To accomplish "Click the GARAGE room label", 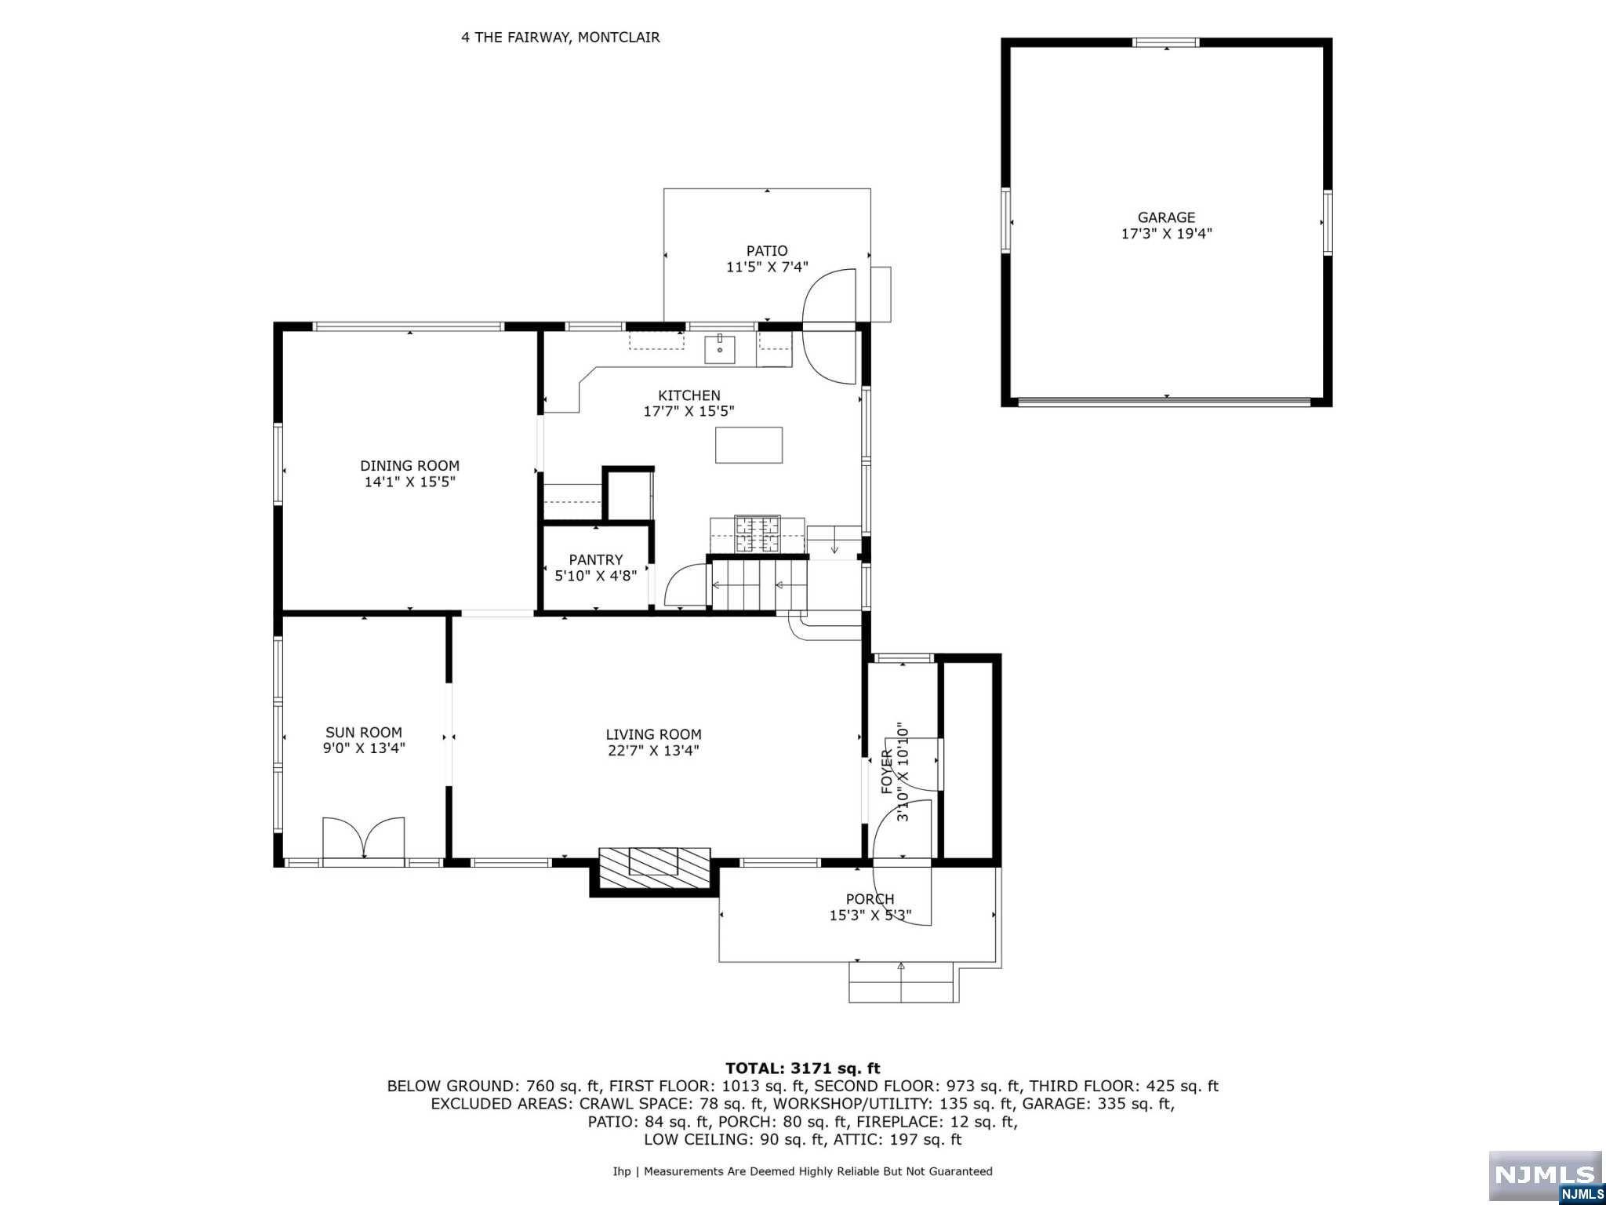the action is pyautogui.click(x=1166, y=217).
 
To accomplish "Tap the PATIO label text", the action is pyautogui.click(x=767, y=251).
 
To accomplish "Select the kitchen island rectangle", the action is pyautogui.click(x=749, y=445).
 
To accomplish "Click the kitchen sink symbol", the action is pyautogui.click(x=720, y=348).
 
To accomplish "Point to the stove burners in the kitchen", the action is pyautogui.click(x=757, y=533).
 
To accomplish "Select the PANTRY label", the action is pyautogui.click(x=596, y=559).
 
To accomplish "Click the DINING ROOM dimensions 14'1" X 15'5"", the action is pyautogui.click(x=409, y=482).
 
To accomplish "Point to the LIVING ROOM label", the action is pyautogui.click(x=653, y=734).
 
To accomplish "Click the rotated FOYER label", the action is pyautogui.click(x=887, y=771).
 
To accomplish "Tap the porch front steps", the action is pyautogui.click(x=903, y=982).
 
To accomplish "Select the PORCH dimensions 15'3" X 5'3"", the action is pyautogui.click(x=870, y=916).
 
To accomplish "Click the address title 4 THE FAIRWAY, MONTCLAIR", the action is pyautogui.click(x=561, y=37).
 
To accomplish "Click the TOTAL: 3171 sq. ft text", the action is pyautogui.click(x=803, y=1068).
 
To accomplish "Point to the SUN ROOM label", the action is pyautogui.click(x=364, y=733).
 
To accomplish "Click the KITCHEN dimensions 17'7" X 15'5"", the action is pyautogui.click(x=689, y=411).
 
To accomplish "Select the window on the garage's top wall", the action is pyautogui.click(x=1167, y=42).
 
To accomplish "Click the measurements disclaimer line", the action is pyautogui.click(x=803, y=1171).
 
